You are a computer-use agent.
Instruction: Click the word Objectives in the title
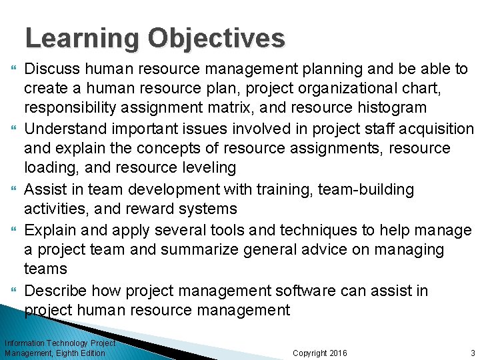(217, 39)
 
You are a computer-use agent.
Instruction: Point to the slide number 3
(473, 353)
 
